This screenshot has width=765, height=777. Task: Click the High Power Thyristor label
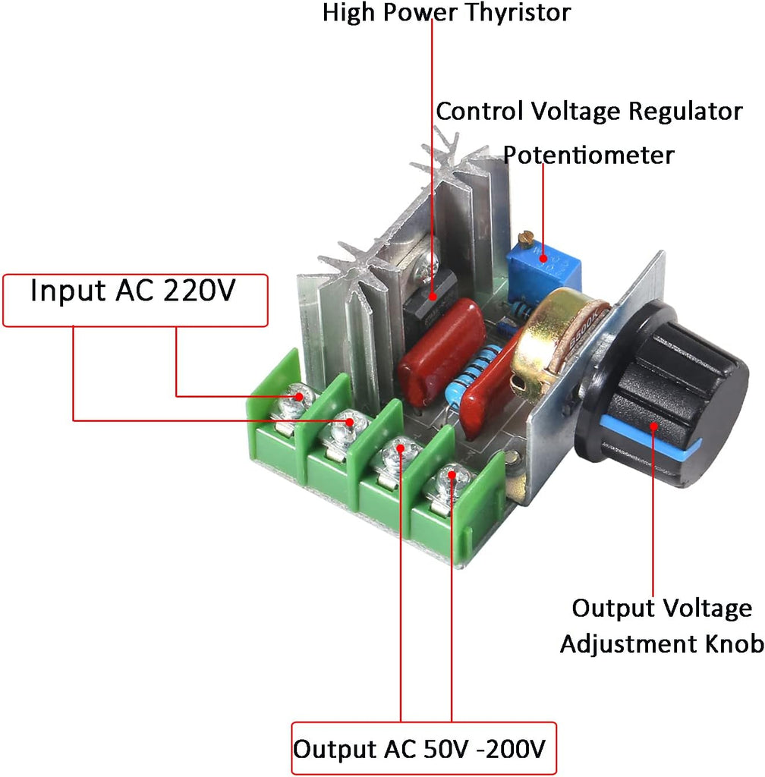[446, 13]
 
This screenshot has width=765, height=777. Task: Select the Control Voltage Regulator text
[589, 112]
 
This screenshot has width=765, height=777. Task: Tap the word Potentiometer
[589, 155]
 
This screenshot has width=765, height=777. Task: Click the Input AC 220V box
[136, 300]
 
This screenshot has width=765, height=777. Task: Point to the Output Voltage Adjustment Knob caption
[661, 626]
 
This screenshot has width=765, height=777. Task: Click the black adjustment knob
[675, 395]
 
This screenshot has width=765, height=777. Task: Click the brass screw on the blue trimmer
[525, 238]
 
